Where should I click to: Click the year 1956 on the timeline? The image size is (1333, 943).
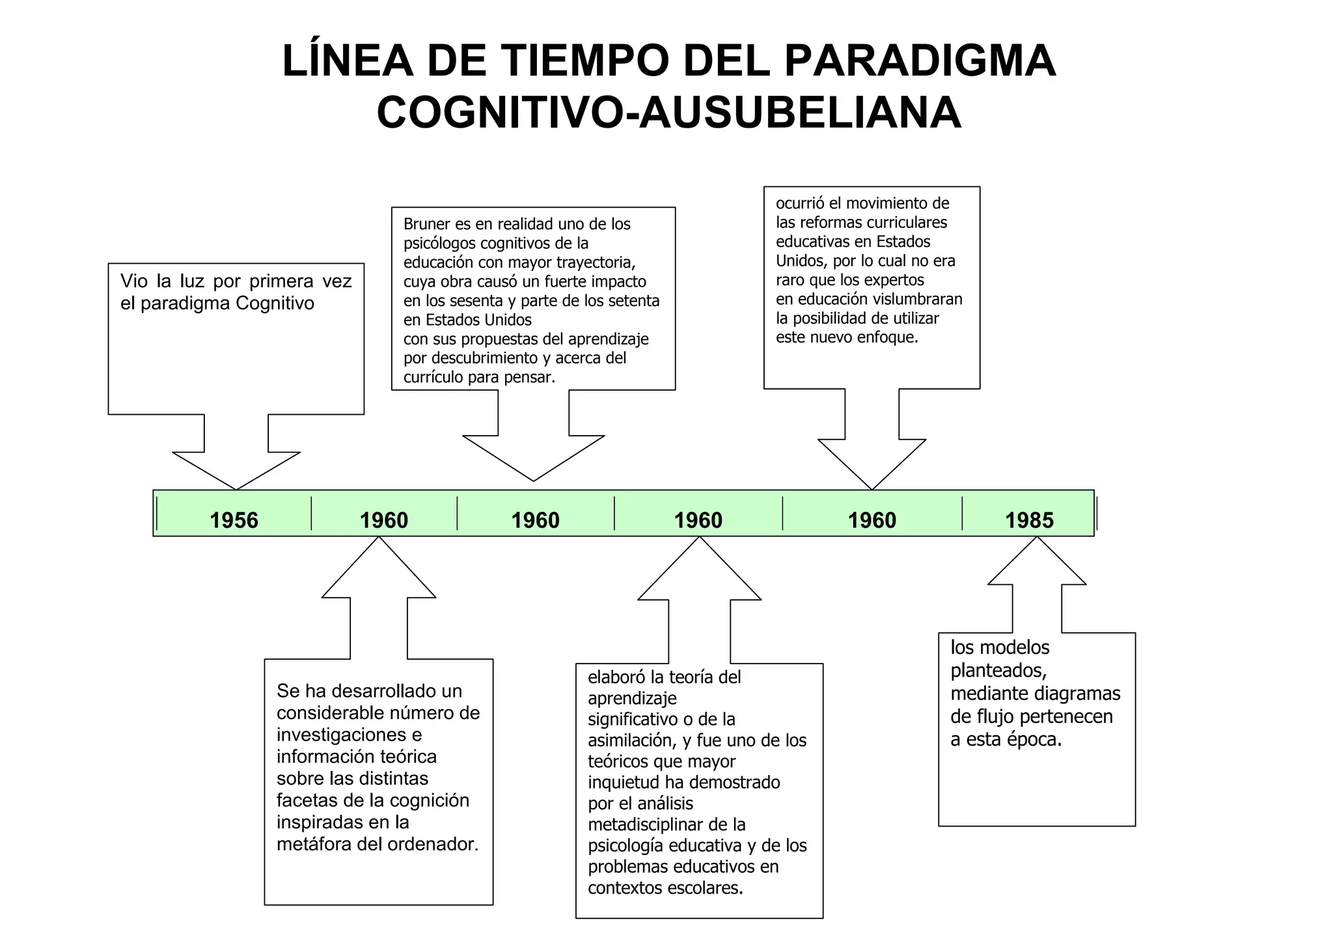tap(234, 520)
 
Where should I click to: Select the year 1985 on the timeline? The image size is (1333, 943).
tap(1029, 520)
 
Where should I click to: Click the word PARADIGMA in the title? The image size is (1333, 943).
tap(920, 62)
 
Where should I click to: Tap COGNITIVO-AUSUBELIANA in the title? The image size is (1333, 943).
tap(668, 113)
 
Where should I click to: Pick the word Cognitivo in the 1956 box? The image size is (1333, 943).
tap(275, 303)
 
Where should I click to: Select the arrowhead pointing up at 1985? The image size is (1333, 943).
tap(1037, 560)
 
